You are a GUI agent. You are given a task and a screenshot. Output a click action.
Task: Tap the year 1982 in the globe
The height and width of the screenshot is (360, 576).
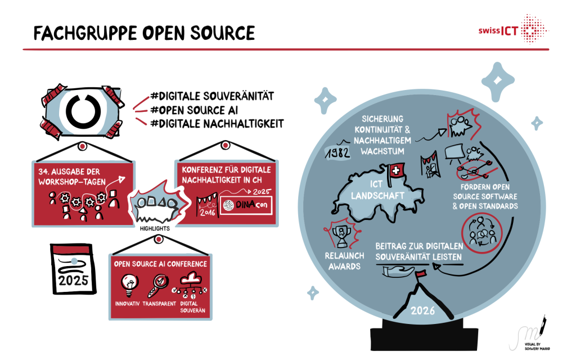[x=338, y=151]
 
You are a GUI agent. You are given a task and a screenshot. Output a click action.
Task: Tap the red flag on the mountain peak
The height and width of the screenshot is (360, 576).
[x=420, y=274]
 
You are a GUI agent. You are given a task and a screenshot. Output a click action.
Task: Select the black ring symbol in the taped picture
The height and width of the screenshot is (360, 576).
[x=82, y=110]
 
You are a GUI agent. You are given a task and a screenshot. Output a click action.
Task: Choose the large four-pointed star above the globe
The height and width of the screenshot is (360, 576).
[x=498, y=81]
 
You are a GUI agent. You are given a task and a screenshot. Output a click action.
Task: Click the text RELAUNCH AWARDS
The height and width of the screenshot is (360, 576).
[x=344, y=260]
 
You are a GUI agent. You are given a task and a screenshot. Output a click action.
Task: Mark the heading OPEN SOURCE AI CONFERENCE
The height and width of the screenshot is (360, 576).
[x=160, y=263]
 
